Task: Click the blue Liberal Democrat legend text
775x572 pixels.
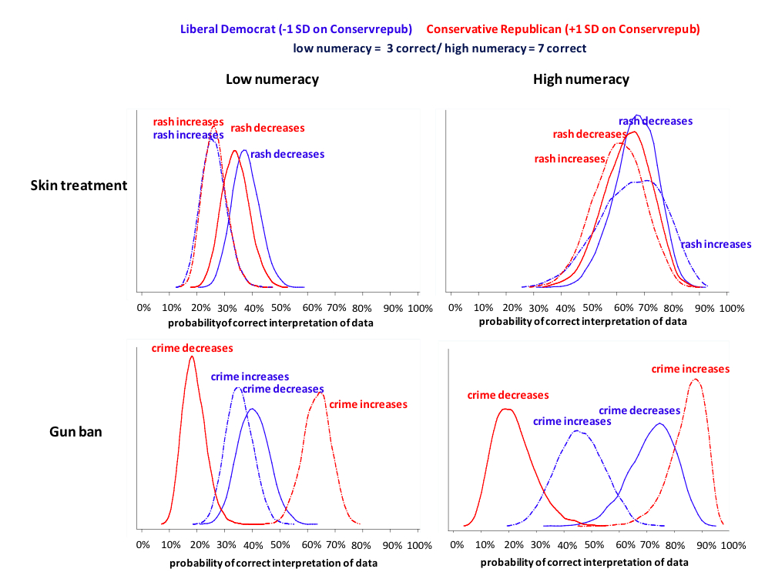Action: tap(296, 29)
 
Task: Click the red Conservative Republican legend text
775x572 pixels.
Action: tap(562, 29)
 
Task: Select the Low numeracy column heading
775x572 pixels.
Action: tap(272, 79)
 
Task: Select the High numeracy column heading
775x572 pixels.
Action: tap(581, 79)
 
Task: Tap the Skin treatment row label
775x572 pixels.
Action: tap(79, 186)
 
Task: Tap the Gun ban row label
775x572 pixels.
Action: tap(75, 432)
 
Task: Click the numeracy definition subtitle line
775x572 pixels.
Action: tap(439, 48)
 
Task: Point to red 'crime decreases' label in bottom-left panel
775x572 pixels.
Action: tap(192, 348)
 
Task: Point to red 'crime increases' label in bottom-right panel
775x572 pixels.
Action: tap(690, 369)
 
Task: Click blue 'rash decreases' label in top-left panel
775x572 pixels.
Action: tap(287, 154)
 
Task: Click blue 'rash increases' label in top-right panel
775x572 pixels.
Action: tap(716, 244)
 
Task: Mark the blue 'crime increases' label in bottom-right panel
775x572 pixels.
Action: tap(572, 421)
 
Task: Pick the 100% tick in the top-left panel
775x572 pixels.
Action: tap(419, 308)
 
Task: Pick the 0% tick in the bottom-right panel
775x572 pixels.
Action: tap(457, 545)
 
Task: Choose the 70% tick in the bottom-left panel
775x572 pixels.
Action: tap(336, 545)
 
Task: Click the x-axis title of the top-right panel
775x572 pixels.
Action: tap(582, 322)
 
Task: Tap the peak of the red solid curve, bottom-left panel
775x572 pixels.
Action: tap(191, 356)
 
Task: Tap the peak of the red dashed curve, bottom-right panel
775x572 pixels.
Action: tap(695, 379)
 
